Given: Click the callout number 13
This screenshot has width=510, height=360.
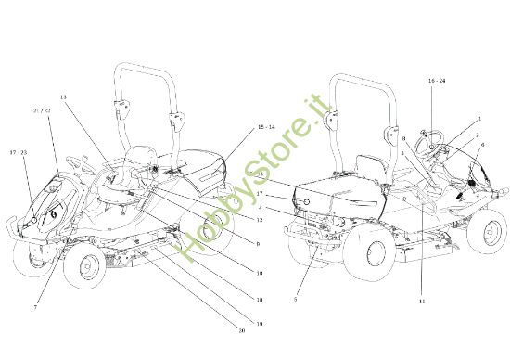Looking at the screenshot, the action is click(x=63, y=96).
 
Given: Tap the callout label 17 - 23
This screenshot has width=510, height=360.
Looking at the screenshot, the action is click(x=19, y=151).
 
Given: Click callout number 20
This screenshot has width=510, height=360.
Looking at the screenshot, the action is click(x=241, y=331).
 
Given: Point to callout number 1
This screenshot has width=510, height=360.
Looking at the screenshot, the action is click(x=479, y=119).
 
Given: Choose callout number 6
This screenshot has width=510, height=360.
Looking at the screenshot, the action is click(x=482, y=145).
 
